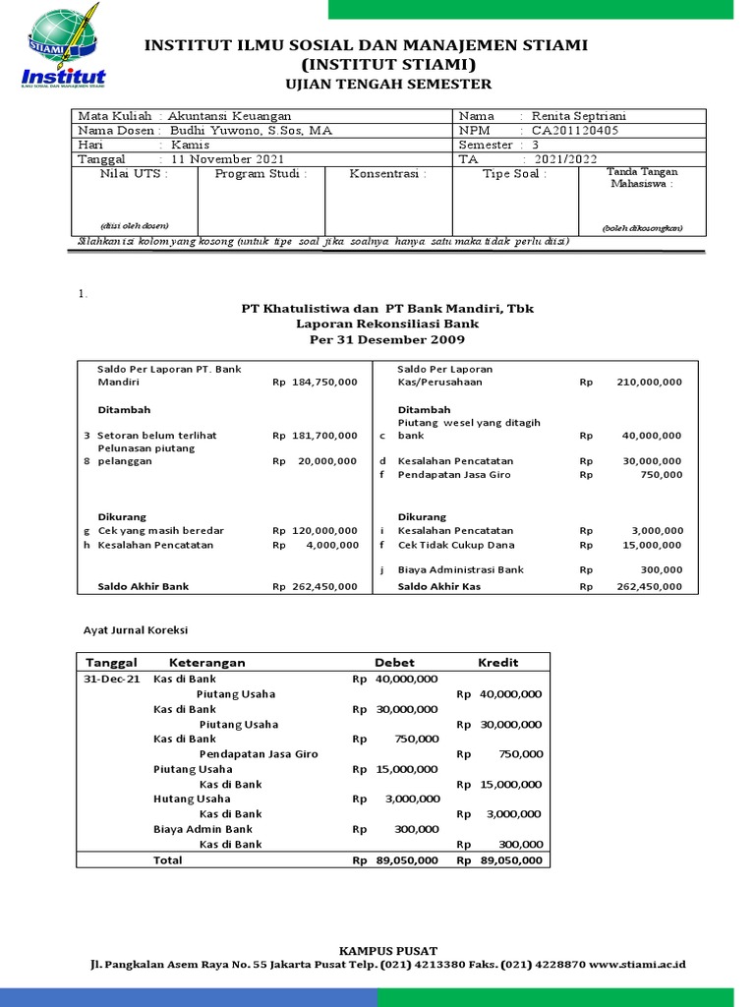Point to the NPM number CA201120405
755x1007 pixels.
tap(576, 130)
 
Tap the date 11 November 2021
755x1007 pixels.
tap(227, 158)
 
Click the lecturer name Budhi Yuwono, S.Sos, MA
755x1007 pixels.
tap(251, 130)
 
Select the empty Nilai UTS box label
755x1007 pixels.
tap(134, 174)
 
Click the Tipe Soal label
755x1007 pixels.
tap(514, 174)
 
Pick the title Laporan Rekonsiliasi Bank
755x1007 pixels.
tap(387, 323)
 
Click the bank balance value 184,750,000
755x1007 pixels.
tap(324, 382)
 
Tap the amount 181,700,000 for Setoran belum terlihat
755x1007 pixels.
tap(324, 435)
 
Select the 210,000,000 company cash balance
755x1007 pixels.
tap(649, 382)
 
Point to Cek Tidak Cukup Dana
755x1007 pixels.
tap(456, 545)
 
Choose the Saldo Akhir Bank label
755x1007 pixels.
tap(143, 586)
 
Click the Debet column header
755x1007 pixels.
tap(394, 662)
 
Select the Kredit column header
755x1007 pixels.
tap(497, 662)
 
